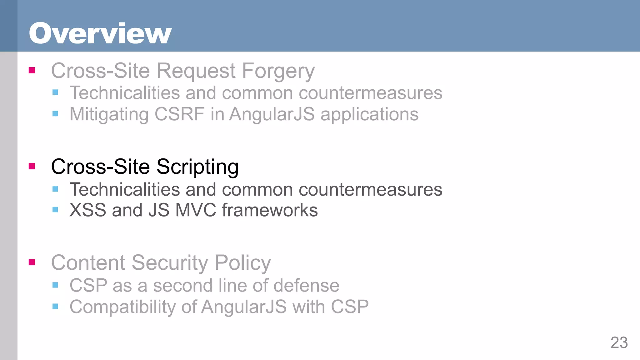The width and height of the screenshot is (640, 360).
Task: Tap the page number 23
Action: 619,342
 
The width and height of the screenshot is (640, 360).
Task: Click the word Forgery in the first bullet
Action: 278,71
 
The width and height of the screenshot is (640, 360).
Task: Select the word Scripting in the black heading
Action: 197,167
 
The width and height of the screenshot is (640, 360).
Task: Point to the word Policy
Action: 242,263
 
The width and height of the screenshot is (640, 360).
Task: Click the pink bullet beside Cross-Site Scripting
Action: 32,166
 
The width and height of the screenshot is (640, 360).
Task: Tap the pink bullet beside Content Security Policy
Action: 32,262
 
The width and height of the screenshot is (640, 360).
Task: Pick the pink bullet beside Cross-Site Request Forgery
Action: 32,70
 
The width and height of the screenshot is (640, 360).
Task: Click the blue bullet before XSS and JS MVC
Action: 55,210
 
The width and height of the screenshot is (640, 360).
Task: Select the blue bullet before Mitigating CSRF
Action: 55,113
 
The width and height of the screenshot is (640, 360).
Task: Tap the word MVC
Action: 196,210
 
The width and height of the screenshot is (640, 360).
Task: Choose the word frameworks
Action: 270,210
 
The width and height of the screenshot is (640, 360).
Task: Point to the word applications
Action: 369,115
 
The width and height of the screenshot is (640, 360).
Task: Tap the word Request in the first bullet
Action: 196,71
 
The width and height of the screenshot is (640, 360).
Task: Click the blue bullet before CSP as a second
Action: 55,285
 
